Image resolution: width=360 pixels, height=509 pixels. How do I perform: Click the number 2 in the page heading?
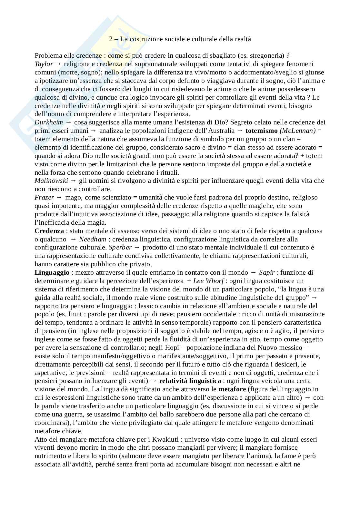point(111,39)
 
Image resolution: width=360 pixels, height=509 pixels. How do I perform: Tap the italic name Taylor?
point(44,64)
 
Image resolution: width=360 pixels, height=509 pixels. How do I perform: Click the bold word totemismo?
point(261,131)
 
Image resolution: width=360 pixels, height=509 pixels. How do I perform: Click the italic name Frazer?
point(44,197)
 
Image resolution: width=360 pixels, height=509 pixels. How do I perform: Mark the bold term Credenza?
point(49,231)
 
